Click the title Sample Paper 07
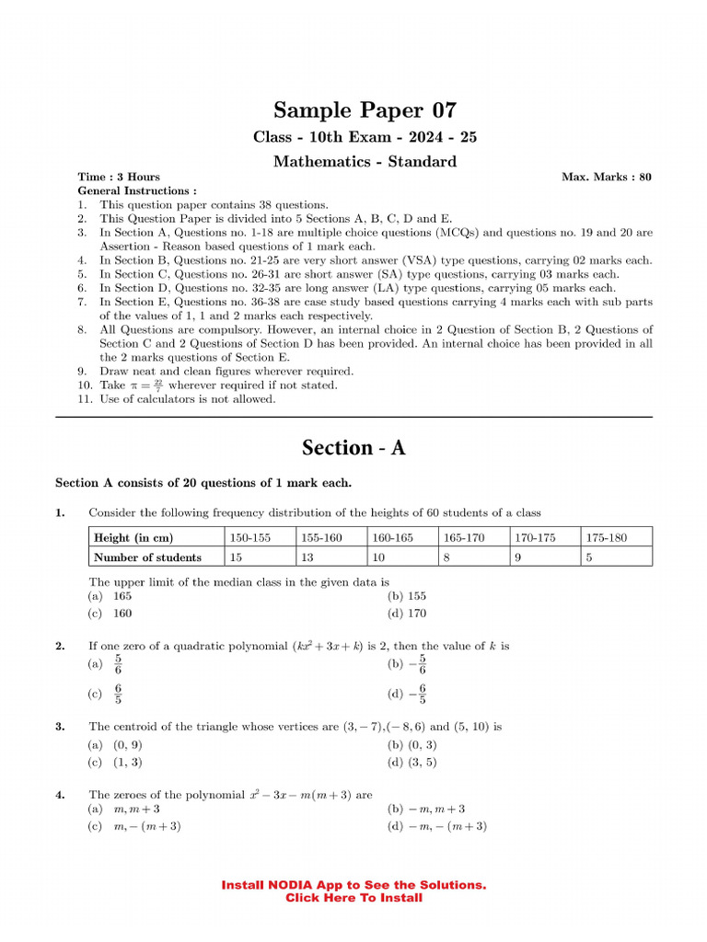pos(353,110)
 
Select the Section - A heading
pos(353,448)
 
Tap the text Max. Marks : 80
pos(606,177)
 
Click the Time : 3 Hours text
pos(119,177)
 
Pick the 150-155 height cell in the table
pos(250,537)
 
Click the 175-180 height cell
pos(606,537)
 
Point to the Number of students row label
pos(147,557)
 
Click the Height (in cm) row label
pos(133,537)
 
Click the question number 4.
pos(59,794)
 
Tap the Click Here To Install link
pos(353,898)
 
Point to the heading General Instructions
pos(137,190)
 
